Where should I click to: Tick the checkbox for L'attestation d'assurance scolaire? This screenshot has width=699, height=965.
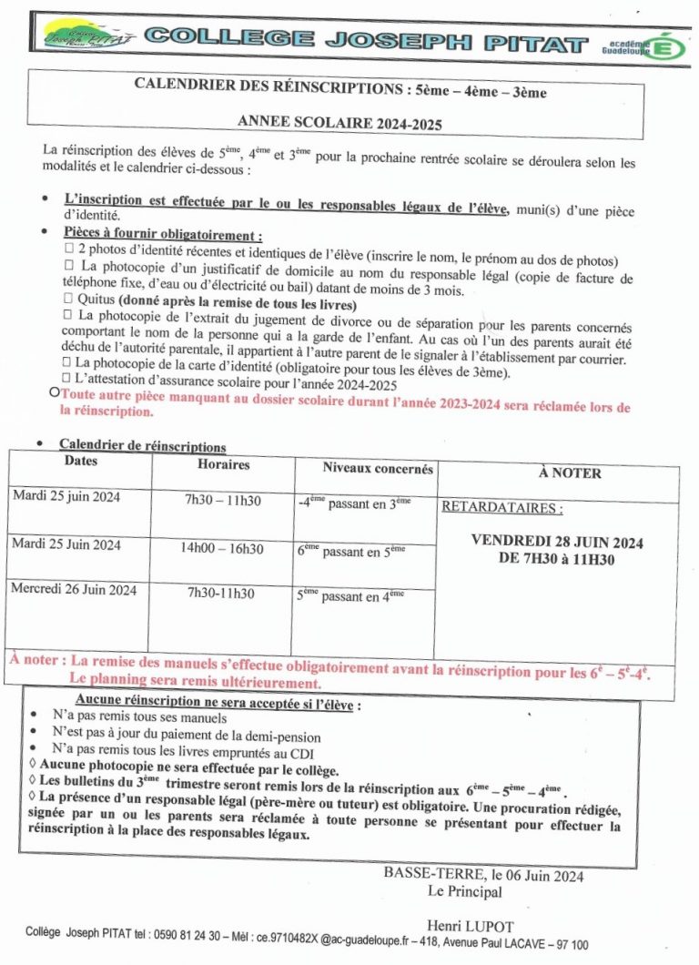click(x=66, y=377)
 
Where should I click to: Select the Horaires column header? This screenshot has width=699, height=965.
click(x=223, y=465)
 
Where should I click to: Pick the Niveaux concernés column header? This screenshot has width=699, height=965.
click(x=378, y=468)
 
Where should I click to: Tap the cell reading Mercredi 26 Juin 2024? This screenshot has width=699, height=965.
click(x=74, y=589)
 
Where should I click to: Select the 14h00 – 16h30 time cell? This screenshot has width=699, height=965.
click(x=221, y=548)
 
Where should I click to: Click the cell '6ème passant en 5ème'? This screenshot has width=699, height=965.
click(x=351, y=552)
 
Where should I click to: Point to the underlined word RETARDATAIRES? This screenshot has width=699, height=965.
click(x=501, y=508)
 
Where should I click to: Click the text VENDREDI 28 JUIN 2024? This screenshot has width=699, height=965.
click(x=557, y=542)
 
